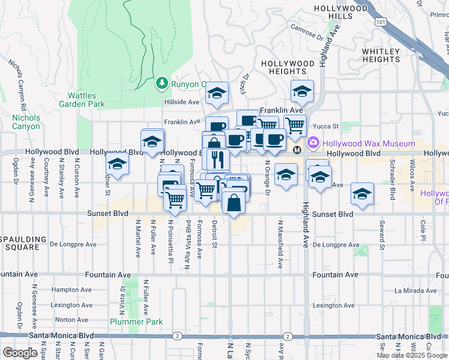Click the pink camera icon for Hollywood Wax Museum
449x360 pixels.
pos(313,143)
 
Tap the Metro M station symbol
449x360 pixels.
pos(297,149)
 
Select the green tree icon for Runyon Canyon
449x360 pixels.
pos(161,83)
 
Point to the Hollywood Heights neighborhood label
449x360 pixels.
pos(288,67)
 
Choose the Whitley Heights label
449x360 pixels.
pos(381,55)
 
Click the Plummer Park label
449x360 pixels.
pos(136,322)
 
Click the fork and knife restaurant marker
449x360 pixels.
pos(217,159)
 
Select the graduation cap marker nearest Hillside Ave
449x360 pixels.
pos(217,93)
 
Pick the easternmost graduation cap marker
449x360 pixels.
pos(362,193)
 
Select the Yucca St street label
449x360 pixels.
pos(328,127)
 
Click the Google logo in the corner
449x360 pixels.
pos(19,353)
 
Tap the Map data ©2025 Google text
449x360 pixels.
pos(412,355)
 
